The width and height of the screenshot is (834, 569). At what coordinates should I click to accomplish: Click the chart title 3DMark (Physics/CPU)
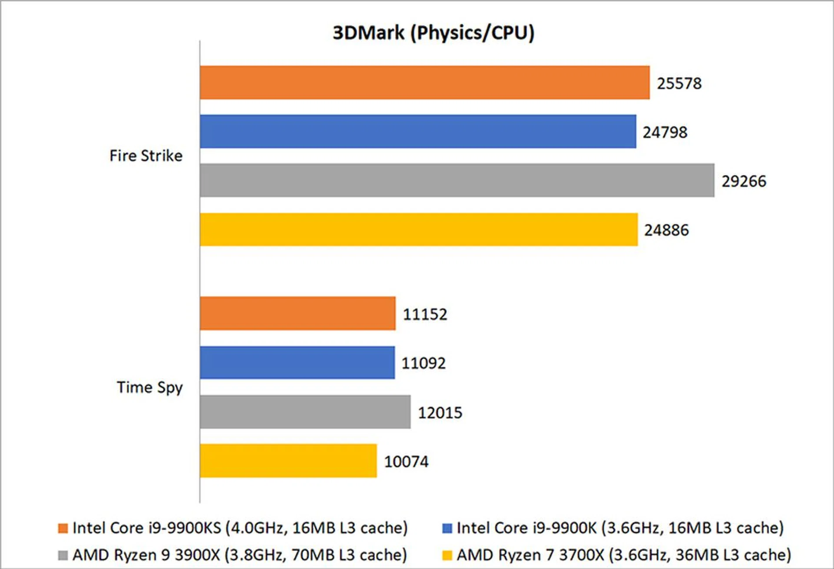(x=433, y=33)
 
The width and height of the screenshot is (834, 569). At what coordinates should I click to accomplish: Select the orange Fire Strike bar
(x=424, y=83)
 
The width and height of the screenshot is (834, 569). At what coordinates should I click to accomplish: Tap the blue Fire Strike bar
(x=418, y=132)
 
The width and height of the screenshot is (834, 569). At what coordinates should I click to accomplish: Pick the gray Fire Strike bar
(x=457, y=180)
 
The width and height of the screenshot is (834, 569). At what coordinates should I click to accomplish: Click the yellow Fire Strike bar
(x=419, y=229)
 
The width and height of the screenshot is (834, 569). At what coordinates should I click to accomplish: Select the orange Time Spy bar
(x=298, y=314)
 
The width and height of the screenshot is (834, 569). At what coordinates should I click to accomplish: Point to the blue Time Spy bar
(x=297, y=363)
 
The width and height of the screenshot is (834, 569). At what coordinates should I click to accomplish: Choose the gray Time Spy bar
(x=305, y=412)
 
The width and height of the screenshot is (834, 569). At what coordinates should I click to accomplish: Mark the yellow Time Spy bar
(x=288, y=461)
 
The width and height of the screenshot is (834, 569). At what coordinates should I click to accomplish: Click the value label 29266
(x=744, y=181)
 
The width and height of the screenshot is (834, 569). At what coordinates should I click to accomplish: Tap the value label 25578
(x=679, y=83)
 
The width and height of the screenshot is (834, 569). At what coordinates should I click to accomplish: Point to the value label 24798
(x=665, y=132)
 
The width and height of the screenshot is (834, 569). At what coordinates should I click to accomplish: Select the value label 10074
(x=406, y=462)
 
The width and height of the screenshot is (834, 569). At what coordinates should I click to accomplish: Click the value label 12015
(x=440, y=413)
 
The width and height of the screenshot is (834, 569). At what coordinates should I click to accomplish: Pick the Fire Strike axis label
(x=146, y=155)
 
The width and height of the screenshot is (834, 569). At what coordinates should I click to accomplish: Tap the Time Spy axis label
(x=150, y=387)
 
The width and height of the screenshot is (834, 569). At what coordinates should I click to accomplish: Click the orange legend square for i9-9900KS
(x=63, y=528)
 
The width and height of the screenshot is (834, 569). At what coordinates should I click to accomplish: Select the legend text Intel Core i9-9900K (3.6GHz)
(x=620, y=528)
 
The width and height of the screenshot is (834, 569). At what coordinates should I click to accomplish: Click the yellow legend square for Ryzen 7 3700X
(x=447, y=555)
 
